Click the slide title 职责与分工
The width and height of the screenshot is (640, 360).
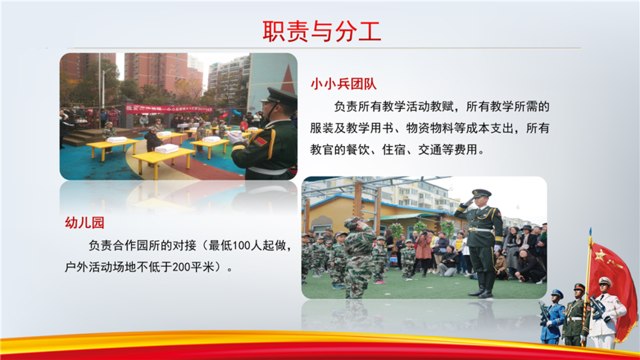tap(322, 31)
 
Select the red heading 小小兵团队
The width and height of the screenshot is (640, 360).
tap(343, 84)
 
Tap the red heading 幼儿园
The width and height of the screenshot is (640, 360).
tap(84, 223)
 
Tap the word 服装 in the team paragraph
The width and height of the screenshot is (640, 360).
tap(322, 128)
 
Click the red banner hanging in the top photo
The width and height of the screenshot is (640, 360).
tap(169, 109)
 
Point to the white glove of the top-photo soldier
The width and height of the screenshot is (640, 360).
tap(236, 137)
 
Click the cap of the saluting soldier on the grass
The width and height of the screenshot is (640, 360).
tap(481, 192)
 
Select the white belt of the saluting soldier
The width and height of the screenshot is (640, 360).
tap(481, 230)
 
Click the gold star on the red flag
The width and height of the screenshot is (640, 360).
tap(601, 256)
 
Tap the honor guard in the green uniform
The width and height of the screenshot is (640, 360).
tap(574, 315)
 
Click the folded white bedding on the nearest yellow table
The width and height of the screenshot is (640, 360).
tap(167, 148)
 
